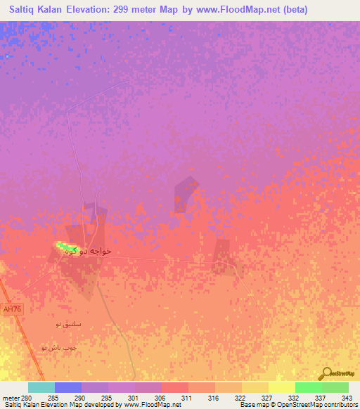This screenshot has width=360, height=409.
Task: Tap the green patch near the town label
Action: [65, 247]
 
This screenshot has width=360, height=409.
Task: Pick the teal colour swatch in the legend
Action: [41, 387]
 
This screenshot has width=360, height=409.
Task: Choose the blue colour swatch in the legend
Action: [68, 387]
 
